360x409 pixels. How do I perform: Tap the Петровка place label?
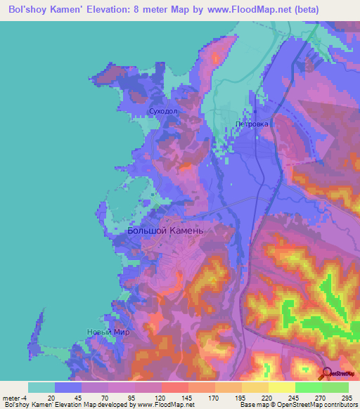coord(252,124)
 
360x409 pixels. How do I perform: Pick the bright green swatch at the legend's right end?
coord(335,387)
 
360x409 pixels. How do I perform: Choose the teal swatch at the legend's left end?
coord(41,387)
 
